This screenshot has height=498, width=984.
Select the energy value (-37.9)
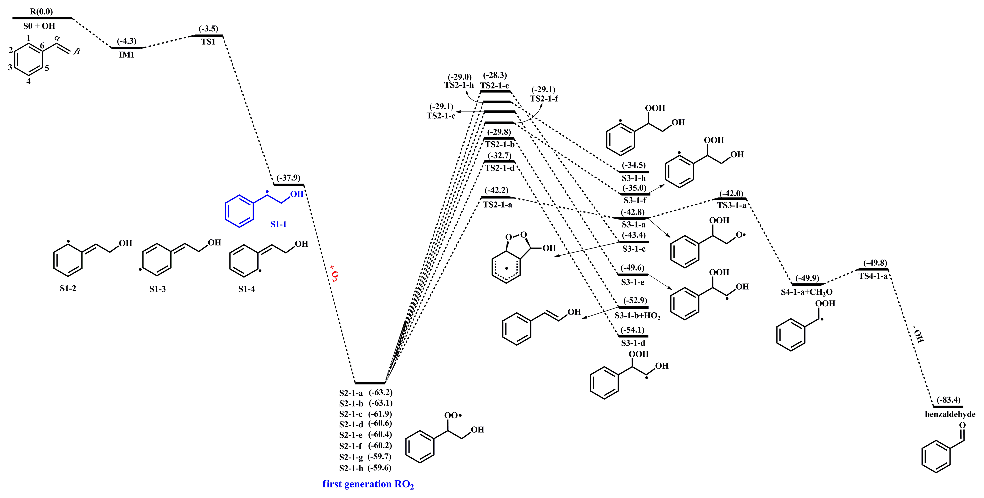click(x=288, y=178)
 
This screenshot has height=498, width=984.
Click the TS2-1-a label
click(x=497, y=205)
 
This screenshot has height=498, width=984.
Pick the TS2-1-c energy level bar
click(x=495, y=91)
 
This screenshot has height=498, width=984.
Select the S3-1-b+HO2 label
click(x=637, y=316)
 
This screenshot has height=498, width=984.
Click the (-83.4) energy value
click(x=948, y=400)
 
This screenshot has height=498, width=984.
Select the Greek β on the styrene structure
click(x=77, y=51)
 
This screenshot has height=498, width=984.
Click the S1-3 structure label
click(x=157, y=289)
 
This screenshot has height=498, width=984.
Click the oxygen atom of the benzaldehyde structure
click(x=962, y=425)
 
